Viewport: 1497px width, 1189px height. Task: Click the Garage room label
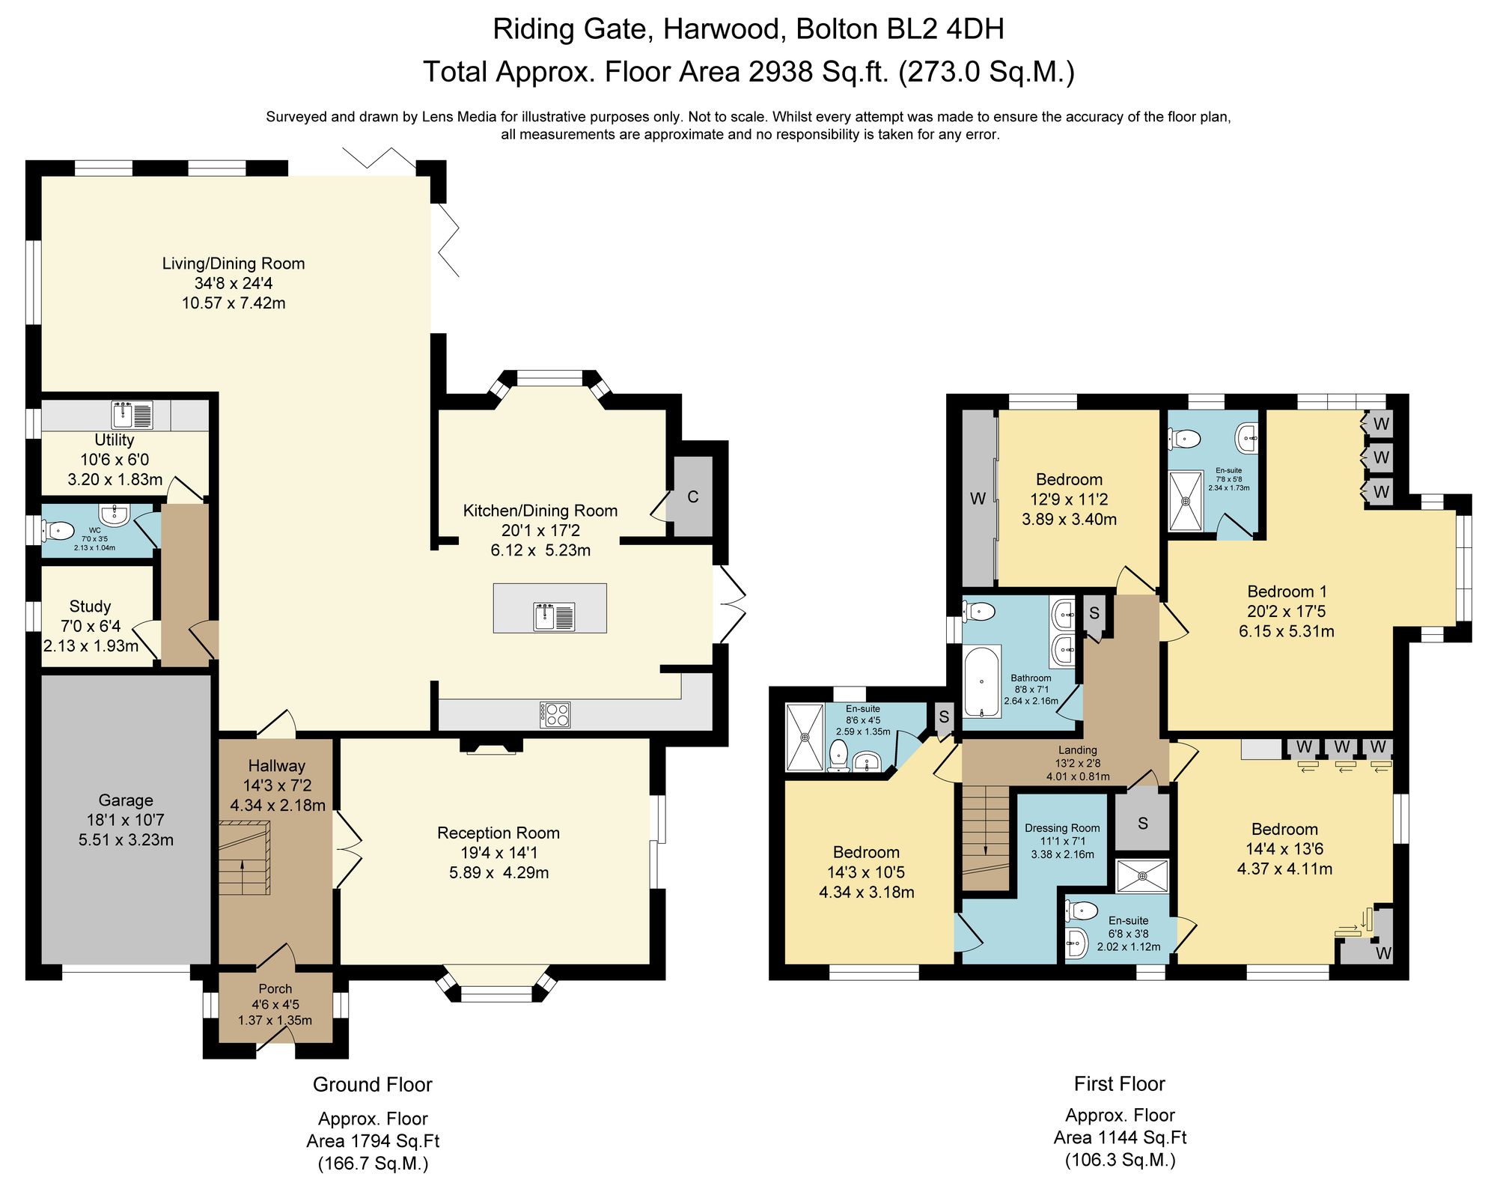coord(126,800)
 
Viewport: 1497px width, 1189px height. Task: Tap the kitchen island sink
coord(554,615)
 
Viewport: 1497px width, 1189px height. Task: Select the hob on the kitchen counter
coord(555,714)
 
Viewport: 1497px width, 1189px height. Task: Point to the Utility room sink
coord(132,415)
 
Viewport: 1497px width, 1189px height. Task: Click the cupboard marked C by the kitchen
coord(693,496)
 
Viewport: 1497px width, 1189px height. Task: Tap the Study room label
coord(90,606)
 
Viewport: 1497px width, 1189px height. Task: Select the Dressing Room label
coord(1062,828)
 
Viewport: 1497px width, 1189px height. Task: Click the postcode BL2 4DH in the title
coord(900,29)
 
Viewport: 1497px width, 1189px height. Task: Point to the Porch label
coord(275,989)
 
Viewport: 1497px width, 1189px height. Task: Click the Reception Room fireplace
coord(491,746)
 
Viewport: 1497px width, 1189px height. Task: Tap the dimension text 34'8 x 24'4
coord(234,283)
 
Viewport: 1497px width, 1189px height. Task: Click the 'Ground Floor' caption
coord(373,1084)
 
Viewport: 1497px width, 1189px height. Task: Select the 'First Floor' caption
coord(1120,1083)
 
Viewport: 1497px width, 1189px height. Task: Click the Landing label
coord(1078,749)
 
